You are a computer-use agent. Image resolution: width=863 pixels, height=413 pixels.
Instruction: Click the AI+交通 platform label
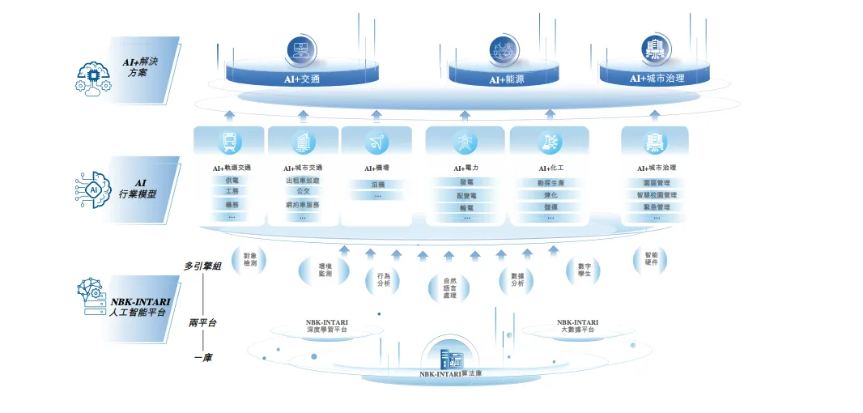click(302, 79)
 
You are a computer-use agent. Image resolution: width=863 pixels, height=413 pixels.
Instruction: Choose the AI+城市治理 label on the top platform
click(657, 79)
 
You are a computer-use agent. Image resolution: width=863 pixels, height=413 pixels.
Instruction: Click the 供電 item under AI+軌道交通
click(232, 181)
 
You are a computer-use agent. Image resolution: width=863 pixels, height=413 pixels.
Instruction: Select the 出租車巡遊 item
click(303, 181)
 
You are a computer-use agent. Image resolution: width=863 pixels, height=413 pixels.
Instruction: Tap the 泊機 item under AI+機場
click(377, 185)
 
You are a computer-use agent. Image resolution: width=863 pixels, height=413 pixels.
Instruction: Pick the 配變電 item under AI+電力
click(466, 195)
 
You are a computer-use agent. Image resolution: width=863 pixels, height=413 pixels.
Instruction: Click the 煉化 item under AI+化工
click(551, 195)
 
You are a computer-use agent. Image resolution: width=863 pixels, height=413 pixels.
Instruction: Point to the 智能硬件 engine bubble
click(652, 258)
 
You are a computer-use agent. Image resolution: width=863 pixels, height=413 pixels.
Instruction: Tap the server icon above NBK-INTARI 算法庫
click(449, 356)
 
